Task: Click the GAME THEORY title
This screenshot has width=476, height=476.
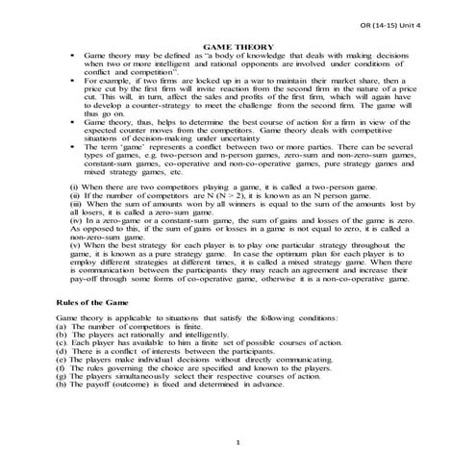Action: pyautogui.click(x=238, y=47)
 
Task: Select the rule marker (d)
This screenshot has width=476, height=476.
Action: pyautogui.click(x=63, y=357)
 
